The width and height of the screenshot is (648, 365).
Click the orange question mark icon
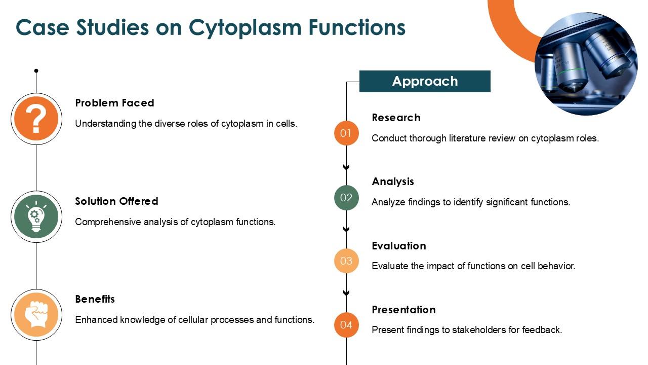pos(36,119)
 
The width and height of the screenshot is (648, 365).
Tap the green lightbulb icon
pos(36,217)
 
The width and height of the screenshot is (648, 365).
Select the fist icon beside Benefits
pos(36,315)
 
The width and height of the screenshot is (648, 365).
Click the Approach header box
pos(425,81)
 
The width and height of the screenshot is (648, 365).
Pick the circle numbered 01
pos(346,133)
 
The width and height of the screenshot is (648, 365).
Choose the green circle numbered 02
pos(346,198)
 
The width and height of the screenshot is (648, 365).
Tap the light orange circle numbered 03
pos(346,261)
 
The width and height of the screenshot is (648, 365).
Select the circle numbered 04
pos(346,325)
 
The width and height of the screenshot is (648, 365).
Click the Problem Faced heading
pos(114,103)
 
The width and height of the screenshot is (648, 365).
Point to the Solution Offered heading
pos(116,201)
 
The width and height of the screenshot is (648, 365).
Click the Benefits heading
pos(95,299)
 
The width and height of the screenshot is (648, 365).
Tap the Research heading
pos(396,118)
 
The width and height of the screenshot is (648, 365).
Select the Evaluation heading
pos(399,246)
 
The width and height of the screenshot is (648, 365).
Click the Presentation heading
pos(403,310)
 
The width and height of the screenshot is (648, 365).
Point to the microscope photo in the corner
pos(586,64)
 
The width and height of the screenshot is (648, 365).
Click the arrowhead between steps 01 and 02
pos(346,167)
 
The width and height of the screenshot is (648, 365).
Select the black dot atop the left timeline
pos(36,71)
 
